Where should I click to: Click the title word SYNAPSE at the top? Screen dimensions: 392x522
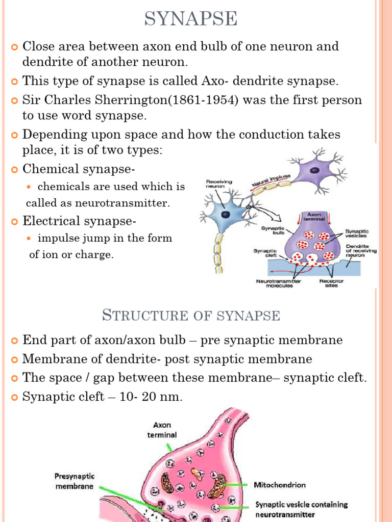[x=190, y=19]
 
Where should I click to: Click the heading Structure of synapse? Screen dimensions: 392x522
[x=191, y=315]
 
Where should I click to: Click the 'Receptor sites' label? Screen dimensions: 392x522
[x=331, y=283]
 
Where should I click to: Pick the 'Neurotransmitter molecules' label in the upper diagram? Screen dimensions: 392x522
[x=278, y=283]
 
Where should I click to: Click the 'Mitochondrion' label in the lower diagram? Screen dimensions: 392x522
[x=280, y=485]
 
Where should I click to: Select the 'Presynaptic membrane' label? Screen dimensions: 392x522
[x=74, y=481]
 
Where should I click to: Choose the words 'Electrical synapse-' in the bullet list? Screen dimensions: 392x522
[x=80, y=221]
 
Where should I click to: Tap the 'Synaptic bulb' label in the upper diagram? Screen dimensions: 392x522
[x=273, y=231]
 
